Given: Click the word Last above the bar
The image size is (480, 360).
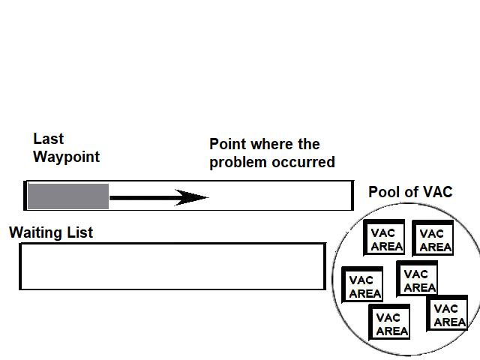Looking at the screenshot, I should coord(49,139).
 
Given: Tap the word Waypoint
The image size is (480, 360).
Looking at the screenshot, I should coord(66,157).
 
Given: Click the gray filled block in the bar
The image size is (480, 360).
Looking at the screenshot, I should coord(68,196).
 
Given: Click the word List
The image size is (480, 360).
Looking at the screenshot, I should coord(79,232).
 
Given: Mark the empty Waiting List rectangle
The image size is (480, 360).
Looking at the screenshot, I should coord(172,266).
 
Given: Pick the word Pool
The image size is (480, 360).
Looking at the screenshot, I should coord(383,192).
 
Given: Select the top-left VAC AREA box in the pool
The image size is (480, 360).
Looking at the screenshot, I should coord(385,238).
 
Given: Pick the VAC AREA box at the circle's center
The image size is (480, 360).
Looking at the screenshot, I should coord(418,280).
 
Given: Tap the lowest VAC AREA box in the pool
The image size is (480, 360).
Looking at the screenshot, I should coord(391,323).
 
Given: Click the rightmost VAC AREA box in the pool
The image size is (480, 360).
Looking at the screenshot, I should coord(448,314).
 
